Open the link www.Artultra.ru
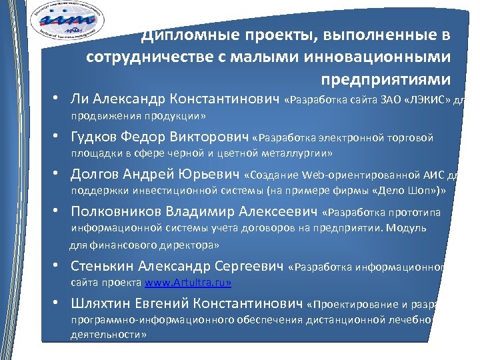coord(188,283)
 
